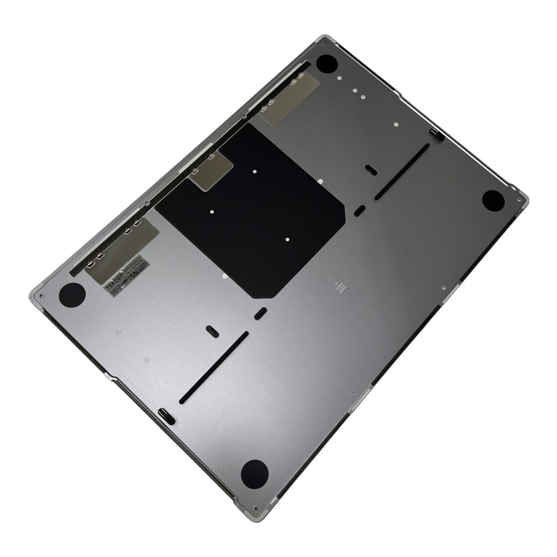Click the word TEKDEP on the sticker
pyautogui.click(x=114, y=281)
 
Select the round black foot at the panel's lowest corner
pyautogui.click(x=254, y=472)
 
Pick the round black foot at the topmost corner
pyautogui.click(x=327, y=64)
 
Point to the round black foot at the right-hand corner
pyautogui.click(x=493, y=199)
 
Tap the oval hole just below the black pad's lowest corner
pyautogui.click(x=261, y=313)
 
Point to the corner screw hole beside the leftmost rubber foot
pyautogui.click(x=41, y=296)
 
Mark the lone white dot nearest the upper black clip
pyautogui.click(x=396, y=125)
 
